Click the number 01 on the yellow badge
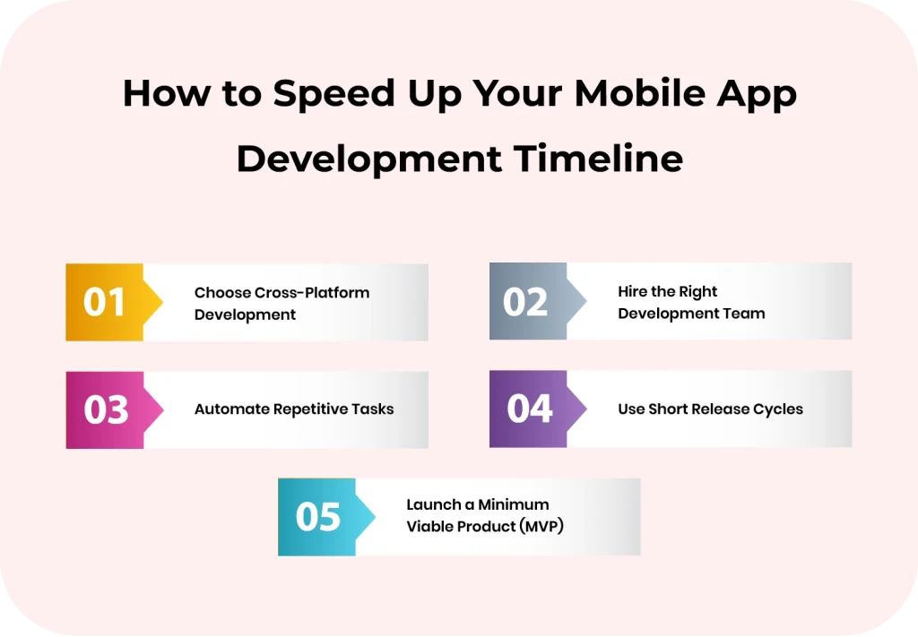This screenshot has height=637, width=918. coord(104,302)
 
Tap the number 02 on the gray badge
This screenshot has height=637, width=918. coord(525,302)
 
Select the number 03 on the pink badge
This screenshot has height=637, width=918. coord(106,409)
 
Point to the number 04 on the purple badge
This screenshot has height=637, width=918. coord(529,409)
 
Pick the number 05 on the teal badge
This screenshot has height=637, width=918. coord(318,517)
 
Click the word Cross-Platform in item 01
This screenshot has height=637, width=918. coord(311,293)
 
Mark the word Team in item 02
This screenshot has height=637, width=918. coord(747,314)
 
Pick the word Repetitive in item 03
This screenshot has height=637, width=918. coord(311,409)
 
